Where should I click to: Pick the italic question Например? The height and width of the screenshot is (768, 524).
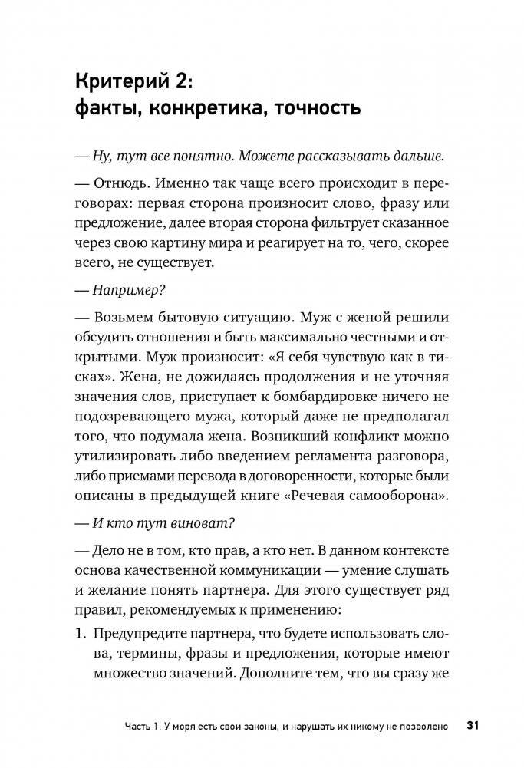point(125,292)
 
